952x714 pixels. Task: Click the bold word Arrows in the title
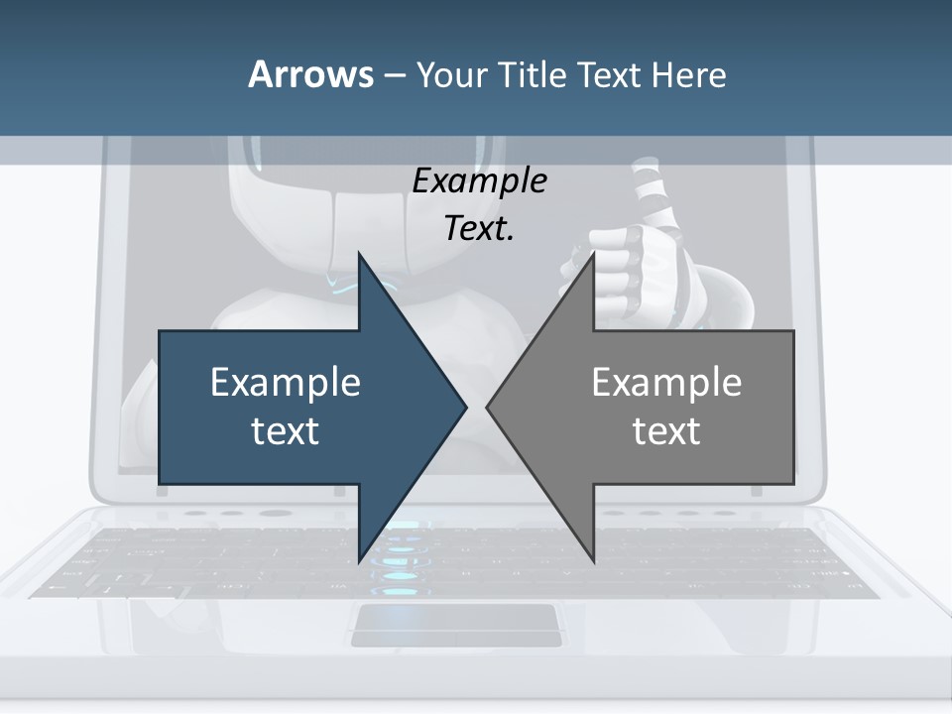[310, 74]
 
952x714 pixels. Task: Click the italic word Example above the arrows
[479, 181]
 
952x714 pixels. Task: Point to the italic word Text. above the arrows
[479, 229]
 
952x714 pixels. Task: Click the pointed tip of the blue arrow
[464, 407]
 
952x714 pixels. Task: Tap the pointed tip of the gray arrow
[489, 407]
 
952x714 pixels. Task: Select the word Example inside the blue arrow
[286, 382]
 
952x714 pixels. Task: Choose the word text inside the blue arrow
[286, 431]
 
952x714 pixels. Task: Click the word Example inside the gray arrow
[666, 382]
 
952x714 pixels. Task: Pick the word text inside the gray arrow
[666, 431]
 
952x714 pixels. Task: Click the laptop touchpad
[456, 624]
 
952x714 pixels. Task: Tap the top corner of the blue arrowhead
[359, 254]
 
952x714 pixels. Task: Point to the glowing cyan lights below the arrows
[400, 555]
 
